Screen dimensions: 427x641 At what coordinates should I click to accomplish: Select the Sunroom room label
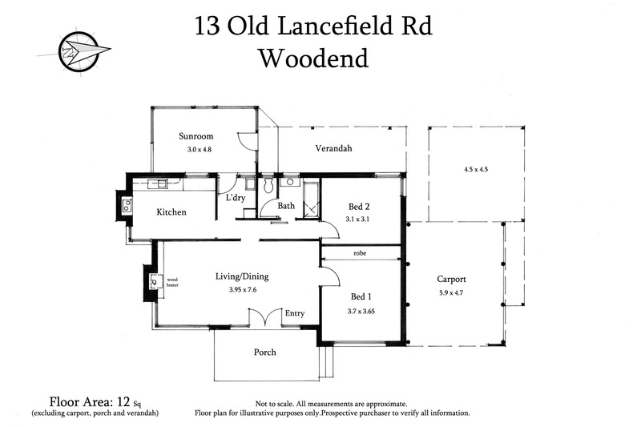pyautogui.click(x=196, y=136)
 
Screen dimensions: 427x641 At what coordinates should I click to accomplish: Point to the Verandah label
pyautogui.click(x=333, y=148)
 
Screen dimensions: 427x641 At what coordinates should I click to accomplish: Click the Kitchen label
pyautogui.click(x=171, y=212)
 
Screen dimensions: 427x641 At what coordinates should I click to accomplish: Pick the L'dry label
pyautogui.click(x=235, y=197)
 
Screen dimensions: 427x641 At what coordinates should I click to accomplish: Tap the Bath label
pyautogui.click(x=286, y=206)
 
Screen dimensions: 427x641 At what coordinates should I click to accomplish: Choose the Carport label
pyautogui.click(x=452, y=280)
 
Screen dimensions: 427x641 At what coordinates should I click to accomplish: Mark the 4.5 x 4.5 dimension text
pyautogui.click(x=476, y=170)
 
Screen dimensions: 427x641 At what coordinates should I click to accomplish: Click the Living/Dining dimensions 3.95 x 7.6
pyautogui.click(x=241, y=289)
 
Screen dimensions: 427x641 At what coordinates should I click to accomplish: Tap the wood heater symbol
pyautogui.click(x=154, y=281)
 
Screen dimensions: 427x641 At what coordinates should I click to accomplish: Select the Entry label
pyautogui.click(x=294, y=313)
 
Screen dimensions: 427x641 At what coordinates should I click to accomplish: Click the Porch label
pyautogui.click(x=265, y=352)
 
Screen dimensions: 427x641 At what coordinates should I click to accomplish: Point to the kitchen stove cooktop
pyautogui.click(x=127, y=206)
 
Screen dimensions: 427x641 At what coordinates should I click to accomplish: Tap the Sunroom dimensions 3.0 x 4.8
pyautogui.click(x=195, y=150)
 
